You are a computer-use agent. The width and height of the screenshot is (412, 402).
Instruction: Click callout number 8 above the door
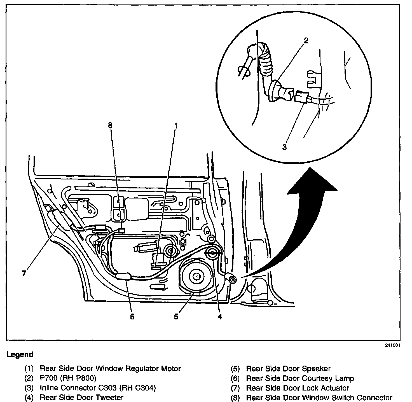[110, 125]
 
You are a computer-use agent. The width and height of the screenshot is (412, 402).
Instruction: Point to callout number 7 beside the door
[24, 274]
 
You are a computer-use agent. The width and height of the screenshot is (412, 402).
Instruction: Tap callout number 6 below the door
[132, 316]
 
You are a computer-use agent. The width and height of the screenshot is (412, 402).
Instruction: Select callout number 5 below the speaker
[176, 316]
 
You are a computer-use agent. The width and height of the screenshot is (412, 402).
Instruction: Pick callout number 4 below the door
[220, 316]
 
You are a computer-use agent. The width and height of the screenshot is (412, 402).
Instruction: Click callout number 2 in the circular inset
[306, 41]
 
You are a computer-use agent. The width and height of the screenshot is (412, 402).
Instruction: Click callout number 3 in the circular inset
[284, 147]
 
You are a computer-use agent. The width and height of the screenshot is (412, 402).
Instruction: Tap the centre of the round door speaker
[197, 276]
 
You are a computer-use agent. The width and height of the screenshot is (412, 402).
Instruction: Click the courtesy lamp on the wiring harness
[123, 277]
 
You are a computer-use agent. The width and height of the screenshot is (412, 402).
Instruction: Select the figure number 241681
[392, 345]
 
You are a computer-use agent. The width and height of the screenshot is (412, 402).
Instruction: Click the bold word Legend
[20, 354]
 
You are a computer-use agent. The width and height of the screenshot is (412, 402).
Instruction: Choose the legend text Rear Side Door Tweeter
[81, 397]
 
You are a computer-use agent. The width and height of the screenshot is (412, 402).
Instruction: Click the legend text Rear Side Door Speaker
[288, 369]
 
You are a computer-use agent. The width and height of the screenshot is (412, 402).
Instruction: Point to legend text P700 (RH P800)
[68, 378]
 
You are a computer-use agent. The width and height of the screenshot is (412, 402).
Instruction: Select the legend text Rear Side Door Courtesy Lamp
[300, 378]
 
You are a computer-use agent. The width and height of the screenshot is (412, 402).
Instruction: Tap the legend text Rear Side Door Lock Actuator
[298, 388]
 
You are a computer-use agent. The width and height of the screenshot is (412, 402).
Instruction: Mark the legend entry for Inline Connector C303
[98, 388]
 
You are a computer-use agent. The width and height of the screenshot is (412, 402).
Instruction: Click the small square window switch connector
[121, 231]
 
